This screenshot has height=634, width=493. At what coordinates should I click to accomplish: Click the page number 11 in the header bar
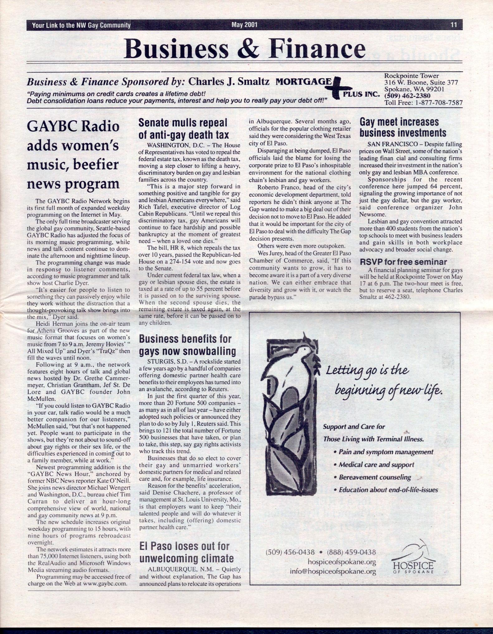[x=453, y=25]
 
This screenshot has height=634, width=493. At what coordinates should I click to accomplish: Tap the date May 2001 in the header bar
[x=244, y=25]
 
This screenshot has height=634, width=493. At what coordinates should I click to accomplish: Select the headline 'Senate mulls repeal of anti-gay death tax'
[x=184, y=128]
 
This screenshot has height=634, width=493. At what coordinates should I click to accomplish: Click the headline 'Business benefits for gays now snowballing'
[x=187, y=345]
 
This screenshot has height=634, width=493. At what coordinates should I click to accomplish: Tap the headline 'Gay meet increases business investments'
[x=403, y=127]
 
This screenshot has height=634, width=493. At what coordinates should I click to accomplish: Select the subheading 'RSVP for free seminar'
[x=403, y=262]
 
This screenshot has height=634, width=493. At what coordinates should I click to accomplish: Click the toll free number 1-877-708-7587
[x=439, y=103]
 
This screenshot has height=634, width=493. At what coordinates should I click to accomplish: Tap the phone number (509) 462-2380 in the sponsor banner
[x=407, y=96]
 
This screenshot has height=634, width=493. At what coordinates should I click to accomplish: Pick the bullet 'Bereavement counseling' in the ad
[x=375, y=477]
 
